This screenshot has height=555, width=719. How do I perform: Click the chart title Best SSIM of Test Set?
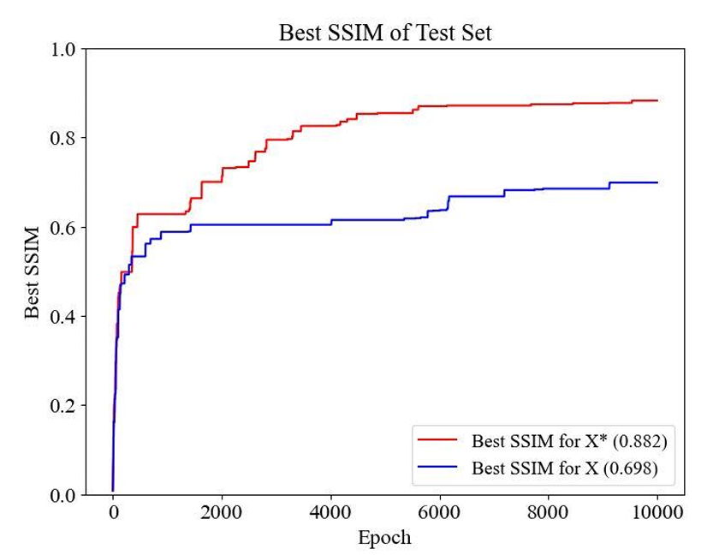385,33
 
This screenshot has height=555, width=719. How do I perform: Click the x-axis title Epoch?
384,538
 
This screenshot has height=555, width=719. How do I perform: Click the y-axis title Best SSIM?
33,272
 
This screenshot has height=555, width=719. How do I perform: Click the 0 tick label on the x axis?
113,512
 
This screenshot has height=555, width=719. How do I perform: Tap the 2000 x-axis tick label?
222,512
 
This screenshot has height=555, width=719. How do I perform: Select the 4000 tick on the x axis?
330,512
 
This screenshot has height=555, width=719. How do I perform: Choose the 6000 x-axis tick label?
440,512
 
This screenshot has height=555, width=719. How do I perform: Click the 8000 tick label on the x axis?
549,512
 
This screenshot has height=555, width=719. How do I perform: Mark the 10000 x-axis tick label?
657,512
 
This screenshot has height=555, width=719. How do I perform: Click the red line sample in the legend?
437,440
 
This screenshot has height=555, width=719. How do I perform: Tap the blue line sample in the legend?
437,468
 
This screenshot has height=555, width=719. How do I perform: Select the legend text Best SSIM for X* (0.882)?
569,441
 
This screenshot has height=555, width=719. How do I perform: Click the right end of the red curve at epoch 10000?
657,100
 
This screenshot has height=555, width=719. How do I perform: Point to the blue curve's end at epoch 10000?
657,182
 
